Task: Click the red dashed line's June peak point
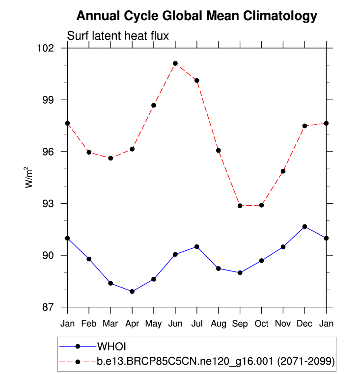[175, 63]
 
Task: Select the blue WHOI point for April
[132, 292]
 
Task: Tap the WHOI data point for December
[305, 226]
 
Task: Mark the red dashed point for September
[240, 206]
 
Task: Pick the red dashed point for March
[111, 158]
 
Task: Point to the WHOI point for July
[197, 246]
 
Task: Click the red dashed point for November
[283, 171]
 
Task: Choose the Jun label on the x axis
[175, 323]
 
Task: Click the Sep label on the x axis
[240, 323]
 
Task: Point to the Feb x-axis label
[89, 323]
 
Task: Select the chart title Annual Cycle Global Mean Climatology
[197, 16]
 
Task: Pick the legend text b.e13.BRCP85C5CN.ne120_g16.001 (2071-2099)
[216, 362]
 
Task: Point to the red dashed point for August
[219, 150]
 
